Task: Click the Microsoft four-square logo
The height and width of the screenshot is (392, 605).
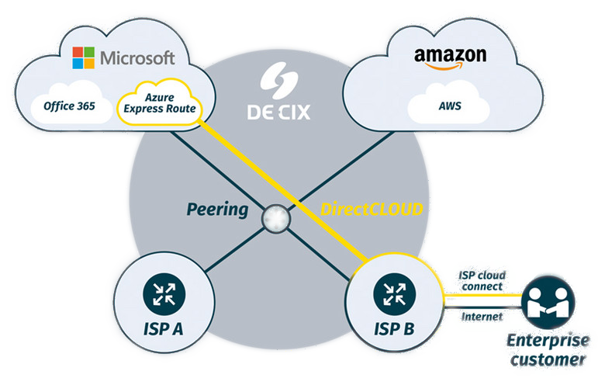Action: pos(83,57)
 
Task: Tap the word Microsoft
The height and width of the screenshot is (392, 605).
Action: pos(137,57)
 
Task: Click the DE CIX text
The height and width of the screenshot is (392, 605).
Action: pos(278,112)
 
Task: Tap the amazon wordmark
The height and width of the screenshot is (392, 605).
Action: pos(450,56)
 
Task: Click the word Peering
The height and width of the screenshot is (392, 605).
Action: pos(217,210)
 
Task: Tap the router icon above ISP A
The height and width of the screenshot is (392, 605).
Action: pos(164,294)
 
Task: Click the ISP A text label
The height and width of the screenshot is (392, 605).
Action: pos(164,329)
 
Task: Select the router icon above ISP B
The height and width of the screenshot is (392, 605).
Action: pos(389,294)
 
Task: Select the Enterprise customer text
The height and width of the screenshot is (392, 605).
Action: pos(547,351)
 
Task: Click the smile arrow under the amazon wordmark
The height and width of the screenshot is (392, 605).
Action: pos(450,68)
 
